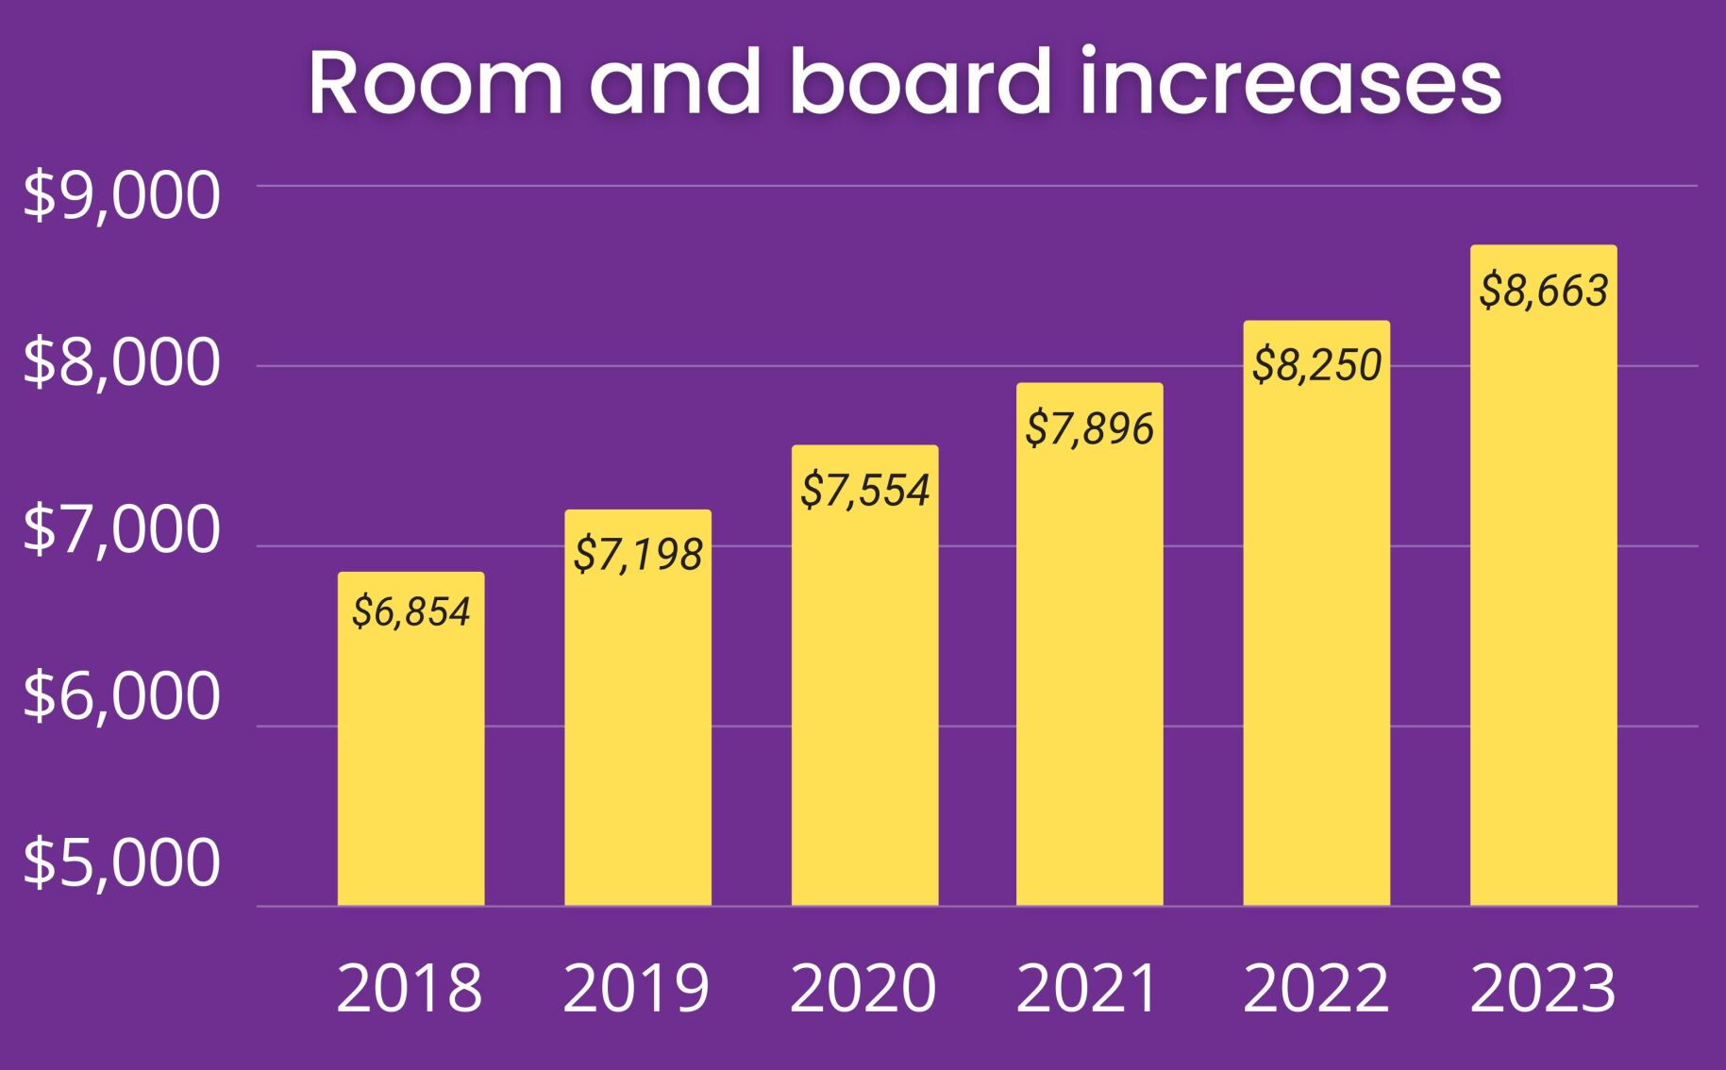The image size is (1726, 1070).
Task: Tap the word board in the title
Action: pyautogui.click(x=920, y=83)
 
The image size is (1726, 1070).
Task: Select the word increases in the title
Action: pyautogui.click(x=1290, y=83)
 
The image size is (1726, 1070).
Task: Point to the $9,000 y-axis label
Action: pyautogui.click(x=121, y=196)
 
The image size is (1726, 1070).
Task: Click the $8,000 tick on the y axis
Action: pyautogui.click(x=121, y=362)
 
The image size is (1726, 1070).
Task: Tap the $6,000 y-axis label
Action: pyautogui.click(x=121, y=696)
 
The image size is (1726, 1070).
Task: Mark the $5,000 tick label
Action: pyautogui.click(x=121, y=862)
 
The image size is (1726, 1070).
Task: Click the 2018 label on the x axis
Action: pyautogui.click(x=410, y=989)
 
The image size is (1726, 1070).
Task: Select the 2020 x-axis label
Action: pyautogui.click(x=863, y=989)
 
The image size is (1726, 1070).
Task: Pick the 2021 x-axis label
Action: pyautogui.click(x=1088, y=989)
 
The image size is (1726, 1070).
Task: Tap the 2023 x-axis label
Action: pyautogui.click(x=1543, y=989)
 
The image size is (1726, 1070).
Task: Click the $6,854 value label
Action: pyautogui.click(x=411, y=612)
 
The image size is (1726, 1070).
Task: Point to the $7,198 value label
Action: pyautogui.click(x=638, y=555)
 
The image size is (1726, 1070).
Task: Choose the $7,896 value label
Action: pyautogui.click(x=1089, y=428)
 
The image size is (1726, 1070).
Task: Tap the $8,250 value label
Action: pyautogui.click(x=1316, y=365)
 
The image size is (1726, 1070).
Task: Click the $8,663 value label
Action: pyautogui.click(x=1543, y=291)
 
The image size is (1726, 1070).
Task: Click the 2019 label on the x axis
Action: pyautogui.click(x=636, y=989)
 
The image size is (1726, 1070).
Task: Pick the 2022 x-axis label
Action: pyautogui.click(x=1315, y=989)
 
